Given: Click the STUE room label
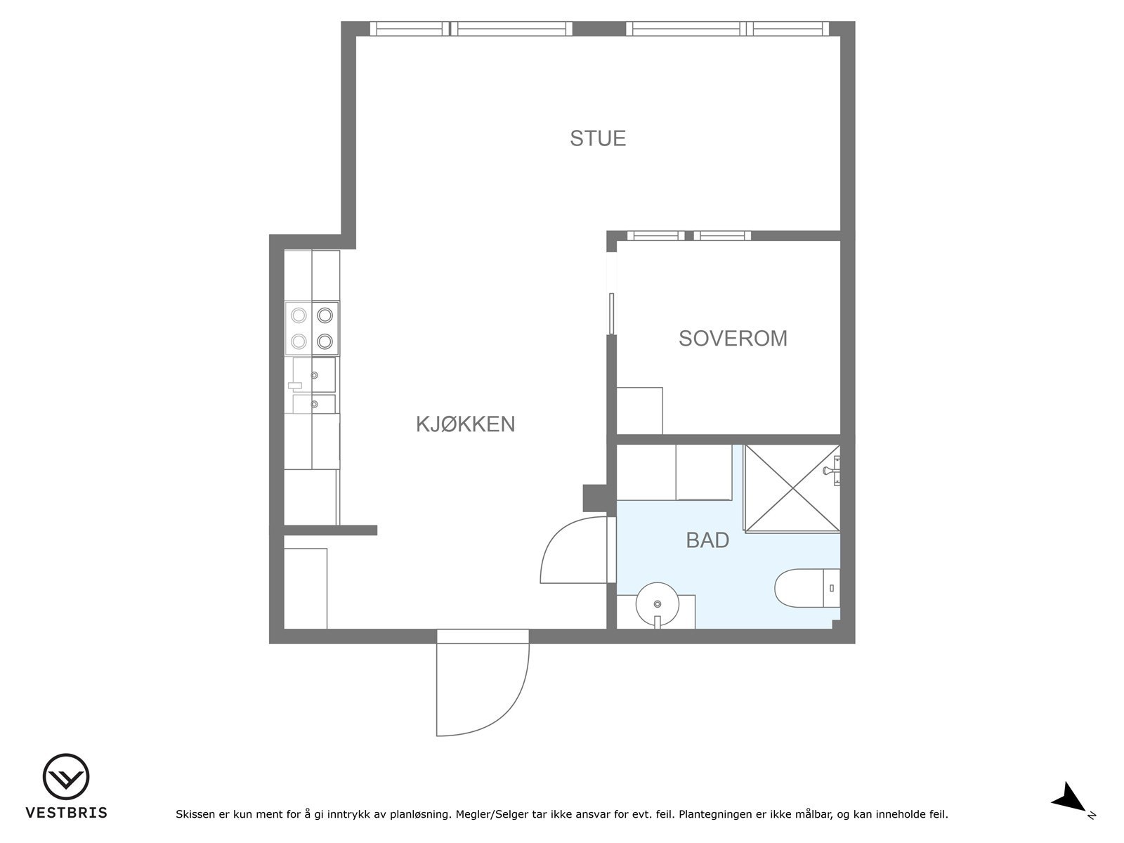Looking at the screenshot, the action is [x=598, y=138].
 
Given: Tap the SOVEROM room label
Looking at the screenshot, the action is [x=733, y=339].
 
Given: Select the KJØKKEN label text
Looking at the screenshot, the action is [x=465, y=424].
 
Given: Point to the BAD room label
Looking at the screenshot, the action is [x=707, y=540].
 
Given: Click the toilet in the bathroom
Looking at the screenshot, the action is [x=807, y=587].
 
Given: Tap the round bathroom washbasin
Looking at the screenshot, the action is [x=658, y=604].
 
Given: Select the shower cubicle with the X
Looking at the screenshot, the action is [x=792, y=488].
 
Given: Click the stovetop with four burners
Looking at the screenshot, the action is [x=312, y=328].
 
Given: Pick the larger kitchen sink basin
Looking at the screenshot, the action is [x=314, y=375].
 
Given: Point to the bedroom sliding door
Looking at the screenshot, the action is [x=611, y=313].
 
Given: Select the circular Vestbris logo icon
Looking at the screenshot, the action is [x=66, y=776].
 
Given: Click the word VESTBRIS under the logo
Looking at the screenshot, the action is [x=67, y=813].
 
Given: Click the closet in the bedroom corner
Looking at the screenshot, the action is [x=639, y=410].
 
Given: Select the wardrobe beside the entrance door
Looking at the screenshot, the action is [x=305, y=589].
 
